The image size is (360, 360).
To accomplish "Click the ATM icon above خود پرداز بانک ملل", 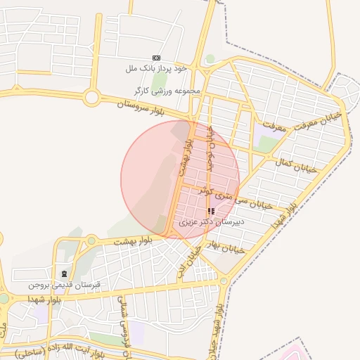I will click(x=156, y=58).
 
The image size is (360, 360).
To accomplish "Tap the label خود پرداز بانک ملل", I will click(x=157, y=68).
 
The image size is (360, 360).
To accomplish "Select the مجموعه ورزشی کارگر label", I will click(x=169, y=91).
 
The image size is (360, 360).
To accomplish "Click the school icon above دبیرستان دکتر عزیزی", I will click(x=211, y=210).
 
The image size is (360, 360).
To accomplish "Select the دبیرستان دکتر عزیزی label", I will click(x=210, y=221).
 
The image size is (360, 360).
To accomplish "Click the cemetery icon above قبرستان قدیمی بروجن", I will click(x=65, y=274).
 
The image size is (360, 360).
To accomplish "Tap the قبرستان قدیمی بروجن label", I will click(x=65, y=285).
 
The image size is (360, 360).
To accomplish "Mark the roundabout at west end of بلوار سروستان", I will click(x=92, y=97).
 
